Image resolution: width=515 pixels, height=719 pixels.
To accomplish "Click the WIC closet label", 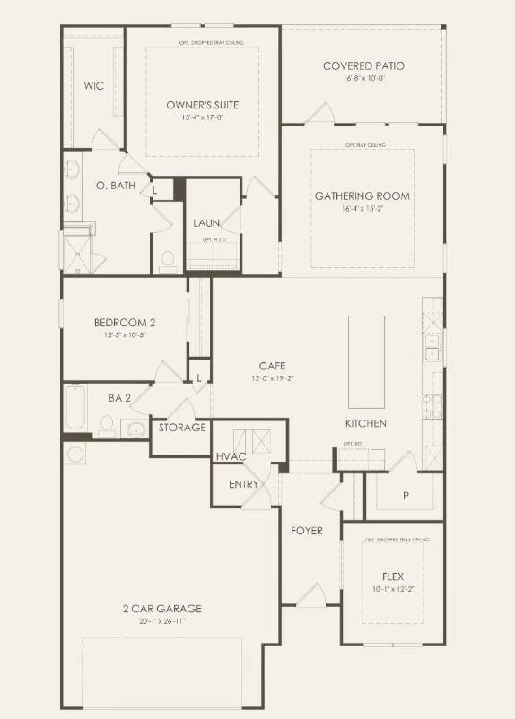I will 94,86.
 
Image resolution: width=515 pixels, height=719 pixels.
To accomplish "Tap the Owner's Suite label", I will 202,105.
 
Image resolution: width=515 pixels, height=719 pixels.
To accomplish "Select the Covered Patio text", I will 363,65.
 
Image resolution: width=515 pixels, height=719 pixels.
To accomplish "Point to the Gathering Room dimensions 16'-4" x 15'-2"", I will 362,208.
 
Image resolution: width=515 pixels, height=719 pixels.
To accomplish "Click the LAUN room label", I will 206,223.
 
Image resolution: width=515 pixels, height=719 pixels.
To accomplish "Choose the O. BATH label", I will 113,186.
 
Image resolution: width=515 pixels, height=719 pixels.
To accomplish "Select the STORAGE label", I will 182,428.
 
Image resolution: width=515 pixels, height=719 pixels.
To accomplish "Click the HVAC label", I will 230,457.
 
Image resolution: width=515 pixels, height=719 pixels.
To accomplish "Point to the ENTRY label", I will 243,485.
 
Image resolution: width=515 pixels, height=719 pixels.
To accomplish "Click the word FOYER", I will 306,531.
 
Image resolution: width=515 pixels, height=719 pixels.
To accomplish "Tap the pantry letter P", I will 406,495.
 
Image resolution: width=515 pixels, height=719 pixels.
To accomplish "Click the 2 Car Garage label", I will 162,609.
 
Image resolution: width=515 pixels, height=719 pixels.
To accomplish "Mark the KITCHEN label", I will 366,423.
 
